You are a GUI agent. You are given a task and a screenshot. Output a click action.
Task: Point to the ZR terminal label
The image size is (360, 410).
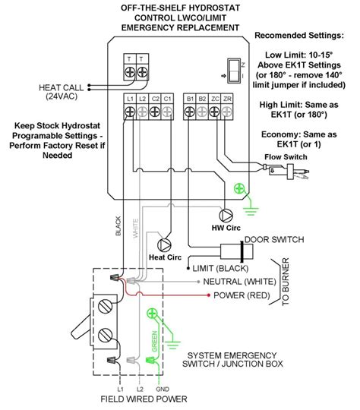point(227,98)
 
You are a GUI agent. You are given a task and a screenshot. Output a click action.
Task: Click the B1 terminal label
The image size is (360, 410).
point(189,98)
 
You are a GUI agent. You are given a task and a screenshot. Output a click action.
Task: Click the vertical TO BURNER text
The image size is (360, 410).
point(286,282)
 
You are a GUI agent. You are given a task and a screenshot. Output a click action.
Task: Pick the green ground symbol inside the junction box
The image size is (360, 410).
point(153,313)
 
